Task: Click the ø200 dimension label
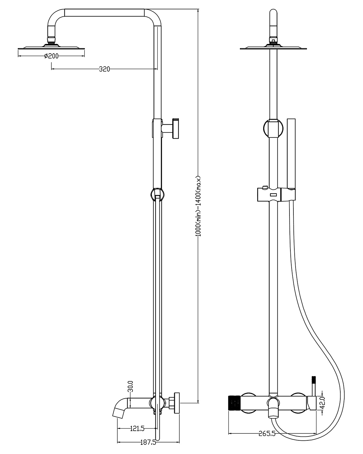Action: (51, 56)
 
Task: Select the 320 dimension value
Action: (104, 69)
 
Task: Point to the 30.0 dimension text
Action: (131, 386)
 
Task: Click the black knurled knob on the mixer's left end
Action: (234, 403)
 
